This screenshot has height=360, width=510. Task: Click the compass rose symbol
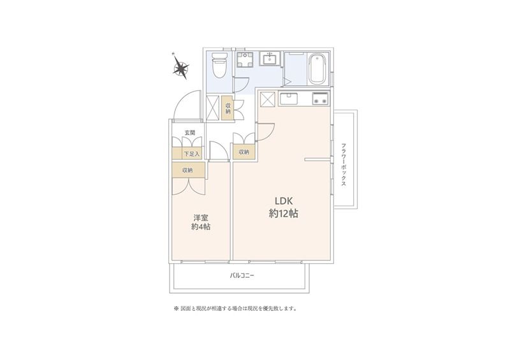[181, 68]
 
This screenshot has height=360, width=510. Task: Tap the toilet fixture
[219, 65]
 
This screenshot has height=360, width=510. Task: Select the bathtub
[317, 69]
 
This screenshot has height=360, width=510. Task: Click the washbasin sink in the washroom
[269, 59]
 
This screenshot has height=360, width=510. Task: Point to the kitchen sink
[289, 99]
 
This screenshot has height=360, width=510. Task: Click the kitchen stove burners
[320, 99]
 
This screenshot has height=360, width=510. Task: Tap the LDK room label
[284, 200]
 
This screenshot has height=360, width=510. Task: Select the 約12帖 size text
[284, 213]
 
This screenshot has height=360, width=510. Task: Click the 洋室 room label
[201, 217]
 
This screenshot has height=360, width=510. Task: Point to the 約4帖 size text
[201, 226]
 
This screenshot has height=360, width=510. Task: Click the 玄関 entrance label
[189, 133]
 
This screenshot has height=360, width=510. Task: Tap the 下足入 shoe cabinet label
[191, 154]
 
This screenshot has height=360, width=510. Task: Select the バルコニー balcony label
[242, 276]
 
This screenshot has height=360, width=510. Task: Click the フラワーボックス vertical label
[344, 164]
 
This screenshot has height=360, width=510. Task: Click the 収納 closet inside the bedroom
[188, 170]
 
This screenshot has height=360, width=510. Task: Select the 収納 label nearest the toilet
[228, 108]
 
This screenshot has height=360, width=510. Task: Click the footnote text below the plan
[236, 308]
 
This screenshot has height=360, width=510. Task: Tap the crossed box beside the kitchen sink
[267, 99]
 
